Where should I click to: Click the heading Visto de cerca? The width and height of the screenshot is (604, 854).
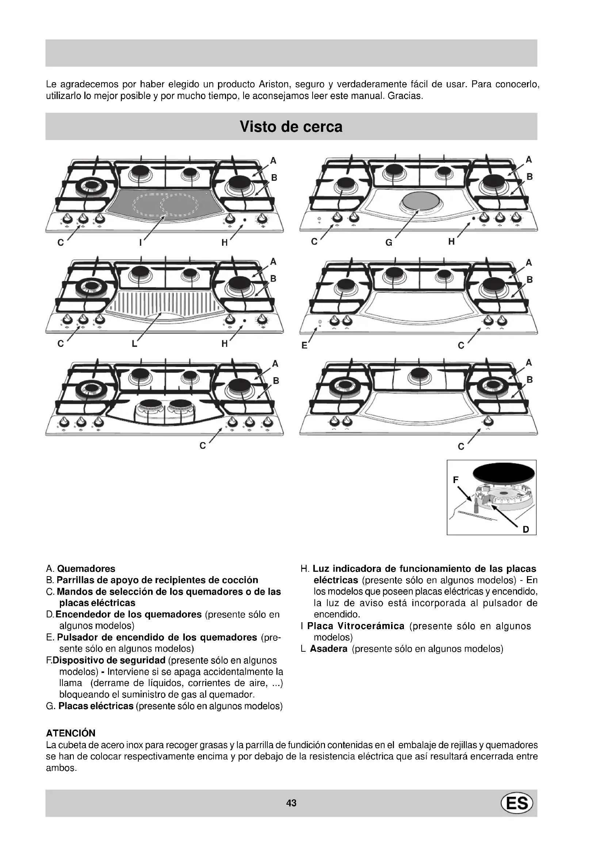(291, 126)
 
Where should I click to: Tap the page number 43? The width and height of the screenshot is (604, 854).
(291, 803)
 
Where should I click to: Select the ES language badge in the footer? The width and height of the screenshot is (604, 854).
(517, 803)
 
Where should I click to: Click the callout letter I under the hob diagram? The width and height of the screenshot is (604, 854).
(140, 243)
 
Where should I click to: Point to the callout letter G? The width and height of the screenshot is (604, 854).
(389, 243)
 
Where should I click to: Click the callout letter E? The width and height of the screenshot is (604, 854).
(304, 345)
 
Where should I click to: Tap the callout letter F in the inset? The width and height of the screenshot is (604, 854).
(456, 480)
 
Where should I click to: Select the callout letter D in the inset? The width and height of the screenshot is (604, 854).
(525, 529)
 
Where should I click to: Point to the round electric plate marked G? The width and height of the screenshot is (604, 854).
(421, 202)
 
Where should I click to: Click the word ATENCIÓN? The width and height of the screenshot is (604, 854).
(71, 733)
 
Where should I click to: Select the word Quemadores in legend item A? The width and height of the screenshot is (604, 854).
(86, 569)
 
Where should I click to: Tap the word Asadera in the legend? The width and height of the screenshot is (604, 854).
(328, 649)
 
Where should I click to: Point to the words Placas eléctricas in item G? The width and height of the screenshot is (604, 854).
(96, 706)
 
